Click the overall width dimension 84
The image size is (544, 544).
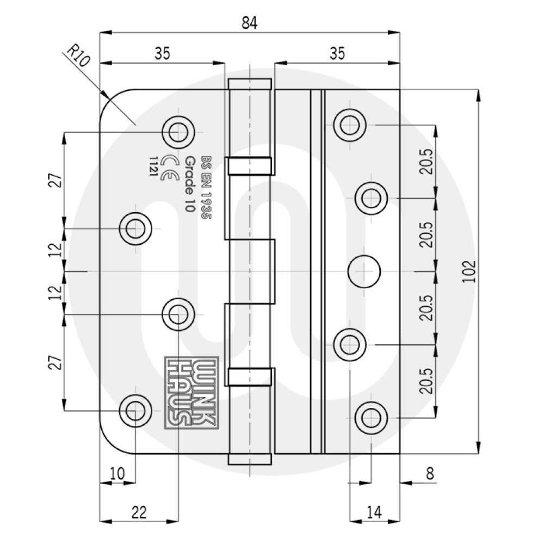pos(249,23)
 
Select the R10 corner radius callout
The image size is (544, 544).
pos(77,55)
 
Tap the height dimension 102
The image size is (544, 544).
pos(471,271)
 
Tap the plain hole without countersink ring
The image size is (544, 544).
pos(364,270)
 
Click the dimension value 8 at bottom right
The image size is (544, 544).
pos(430,474)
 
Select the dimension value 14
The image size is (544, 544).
pos(373,512)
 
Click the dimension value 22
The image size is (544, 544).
pos(139,512)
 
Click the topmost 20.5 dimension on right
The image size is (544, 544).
pos(427,162)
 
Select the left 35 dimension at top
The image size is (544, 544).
pos(162,53)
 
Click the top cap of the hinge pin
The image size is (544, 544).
pos(250,84)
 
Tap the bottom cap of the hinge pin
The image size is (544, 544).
pos(250,459)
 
